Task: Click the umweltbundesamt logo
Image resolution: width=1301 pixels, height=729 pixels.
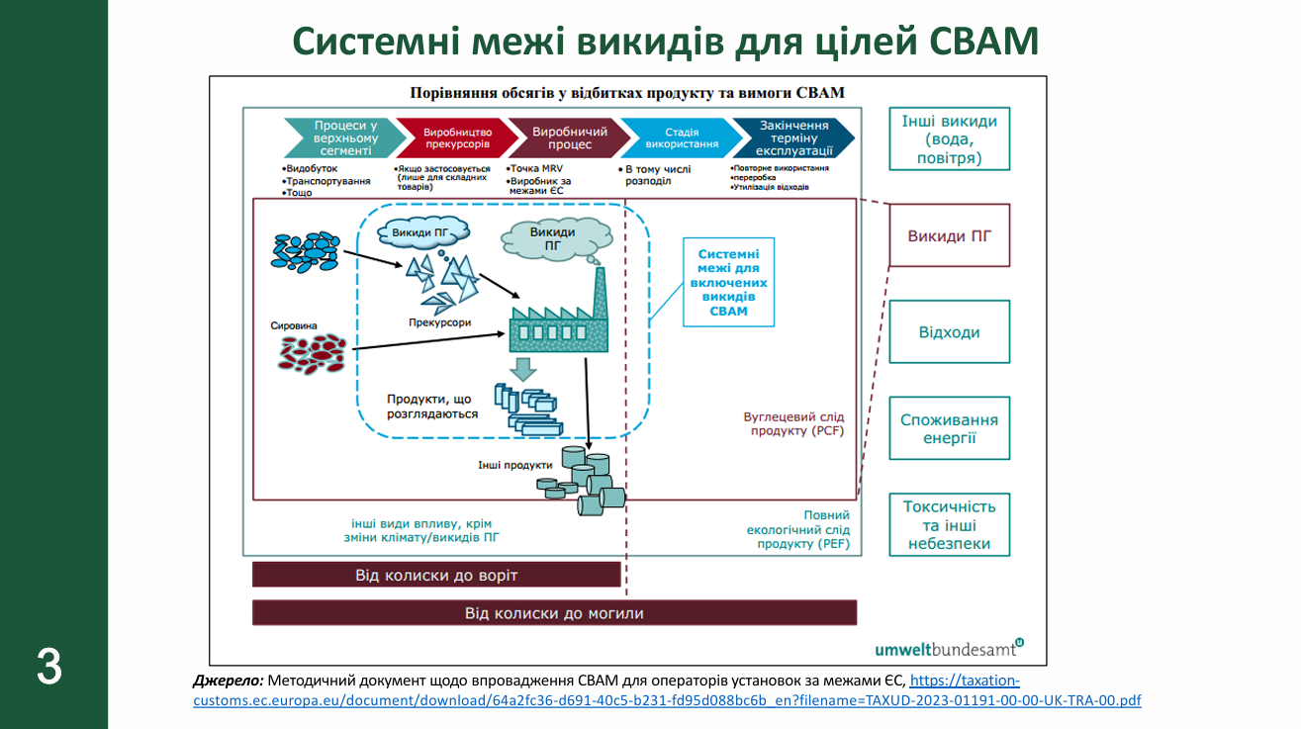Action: (948, 648)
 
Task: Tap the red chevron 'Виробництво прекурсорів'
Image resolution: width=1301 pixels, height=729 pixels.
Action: (454, 138)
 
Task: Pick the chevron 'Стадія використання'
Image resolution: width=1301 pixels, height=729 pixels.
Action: (679, 138)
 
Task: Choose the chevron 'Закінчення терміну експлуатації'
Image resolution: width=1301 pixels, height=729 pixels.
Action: (794, 138)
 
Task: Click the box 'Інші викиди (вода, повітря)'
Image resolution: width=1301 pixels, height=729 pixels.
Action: (949, 138)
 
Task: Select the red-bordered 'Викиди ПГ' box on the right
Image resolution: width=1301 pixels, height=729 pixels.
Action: (949, 235)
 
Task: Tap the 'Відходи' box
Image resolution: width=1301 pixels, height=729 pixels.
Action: (949, 332)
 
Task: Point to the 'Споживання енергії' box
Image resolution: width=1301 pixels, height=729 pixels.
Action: (949, 428)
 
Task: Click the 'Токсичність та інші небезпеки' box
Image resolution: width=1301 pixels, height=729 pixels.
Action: (949, 525)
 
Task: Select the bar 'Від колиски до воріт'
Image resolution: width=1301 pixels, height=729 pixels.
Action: (436, 575)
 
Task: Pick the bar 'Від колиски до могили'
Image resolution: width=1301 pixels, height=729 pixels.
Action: (554, 613)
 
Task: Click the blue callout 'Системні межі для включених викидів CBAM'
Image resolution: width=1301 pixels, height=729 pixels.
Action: (728, 282)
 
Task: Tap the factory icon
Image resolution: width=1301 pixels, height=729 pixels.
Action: (554, 317)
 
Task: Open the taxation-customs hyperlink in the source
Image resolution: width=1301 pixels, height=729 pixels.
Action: (667, 700)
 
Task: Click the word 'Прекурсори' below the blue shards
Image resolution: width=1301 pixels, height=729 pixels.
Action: (439, 322)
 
